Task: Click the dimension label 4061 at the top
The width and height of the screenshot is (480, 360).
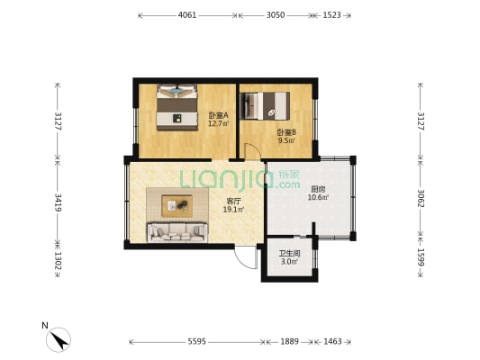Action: (187, 15)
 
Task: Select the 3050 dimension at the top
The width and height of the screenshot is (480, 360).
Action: (276, 15)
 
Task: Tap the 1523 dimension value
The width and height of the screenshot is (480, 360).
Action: (331, 15)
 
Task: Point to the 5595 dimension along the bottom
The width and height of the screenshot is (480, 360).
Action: (197, 341)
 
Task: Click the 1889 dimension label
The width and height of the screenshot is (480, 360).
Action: (289, 341)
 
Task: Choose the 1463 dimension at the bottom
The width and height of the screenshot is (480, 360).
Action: (332, 341)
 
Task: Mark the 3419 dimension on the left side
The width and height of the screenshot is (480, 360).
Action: (58, 202)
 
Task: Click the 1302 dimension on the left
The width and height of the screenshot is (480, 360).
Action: (58, 260)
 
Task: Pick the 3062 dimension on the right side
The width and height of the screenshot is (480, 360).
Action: (421, 198)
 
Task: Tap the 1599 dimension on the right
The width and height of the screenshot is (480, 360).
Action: (421, 256)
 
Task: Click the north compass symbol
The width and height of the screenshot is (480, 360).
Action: (59, 339)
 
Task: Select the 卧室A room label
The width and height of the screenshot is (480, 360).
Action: (219, 115)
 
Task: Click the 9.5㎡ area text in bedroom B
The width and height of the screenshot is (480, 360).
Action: (286, 140)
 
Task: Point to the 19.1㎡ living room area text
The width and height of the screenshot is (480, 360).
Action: (233, 210)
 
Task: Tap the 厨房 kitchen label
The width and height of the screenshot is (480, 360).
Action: (318, 189)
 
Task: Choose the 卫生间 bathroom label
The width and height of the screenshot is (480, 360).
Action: (289, 254)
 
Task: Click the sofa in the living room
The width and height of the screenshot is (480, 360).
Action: (177, 233)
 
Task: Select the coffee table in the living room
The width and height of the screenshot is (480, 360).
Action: (177, 206)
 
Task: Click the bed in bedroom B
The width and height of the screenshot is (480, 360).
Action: (265, 106)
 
